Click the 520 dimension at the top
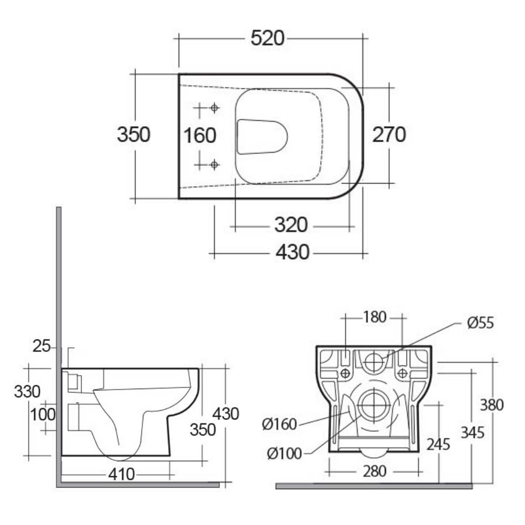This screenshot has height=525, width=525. coord(267,38)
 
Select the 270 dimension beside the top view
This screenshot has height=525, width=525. coord(388,134)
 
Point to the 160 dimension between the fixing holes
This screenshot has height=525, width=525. coord(199,135)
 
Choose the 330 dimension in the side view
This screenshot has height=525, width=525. coord(27,391)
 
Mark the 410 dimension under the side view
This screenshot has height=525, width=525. coord(122,474)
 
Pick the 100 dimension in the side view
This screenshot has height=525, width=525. coord(43,414)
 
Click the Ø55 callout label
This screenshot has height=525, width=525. coord(480,323)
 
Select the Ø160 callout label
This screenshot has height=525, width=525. coord(280,424)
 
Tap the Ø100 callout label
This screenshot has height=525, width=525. coord(284,454)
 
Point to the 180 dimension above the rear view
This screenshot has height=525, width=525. coord(374,317)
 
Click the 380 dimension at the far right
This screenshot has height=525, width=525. coord(491,405)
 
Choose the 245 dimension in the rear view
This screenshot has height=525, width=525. coord(438,444)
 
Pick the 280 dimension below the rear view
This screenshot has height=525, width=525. coord(375,471)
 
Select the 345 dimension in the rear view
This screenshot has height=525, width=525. coord(472,432)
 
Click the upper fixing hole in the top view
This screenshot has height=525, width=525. coord(214,108)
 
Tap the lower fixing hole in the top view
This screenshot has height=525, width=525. coord(214,164)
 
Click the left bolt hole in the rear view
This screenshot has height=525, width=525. coord(345,373)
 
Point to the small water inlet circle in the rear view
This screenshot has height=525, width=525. coord(373,361)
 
